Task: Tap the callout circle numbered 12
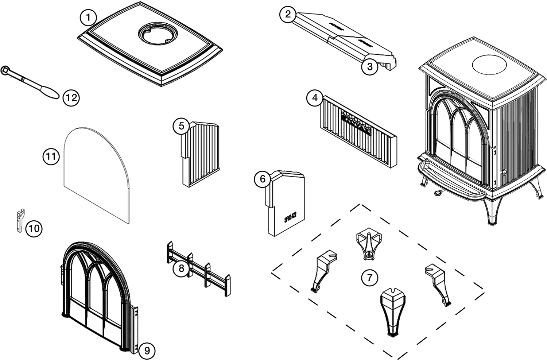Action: click(71, 98)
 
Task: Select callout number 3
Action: click(370, 67)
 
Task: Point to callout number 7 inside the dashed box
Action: click(369, 278)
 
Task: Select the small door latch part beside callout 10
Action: click(20, 220)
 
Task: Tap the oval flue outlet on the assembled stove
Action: click(489, 65)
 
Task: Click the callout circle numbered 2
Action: click(288, 15)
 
